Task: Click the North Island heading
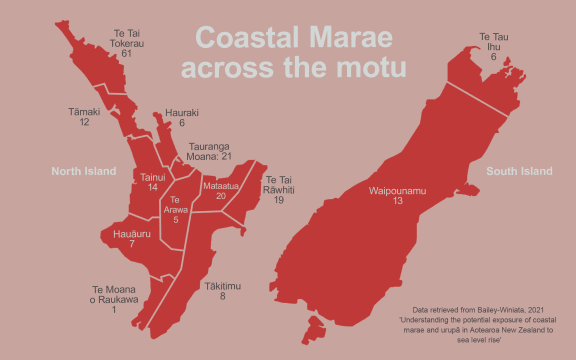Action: (x=85, y=171)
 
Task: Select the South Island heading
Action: (x=519, y=171)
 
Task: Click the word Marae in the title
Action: (x=354, y=38)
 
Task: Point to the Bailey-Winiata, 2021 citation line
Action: (x=480, y=310)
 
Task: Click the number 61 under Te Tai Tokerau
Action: (x=126, y=53)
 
